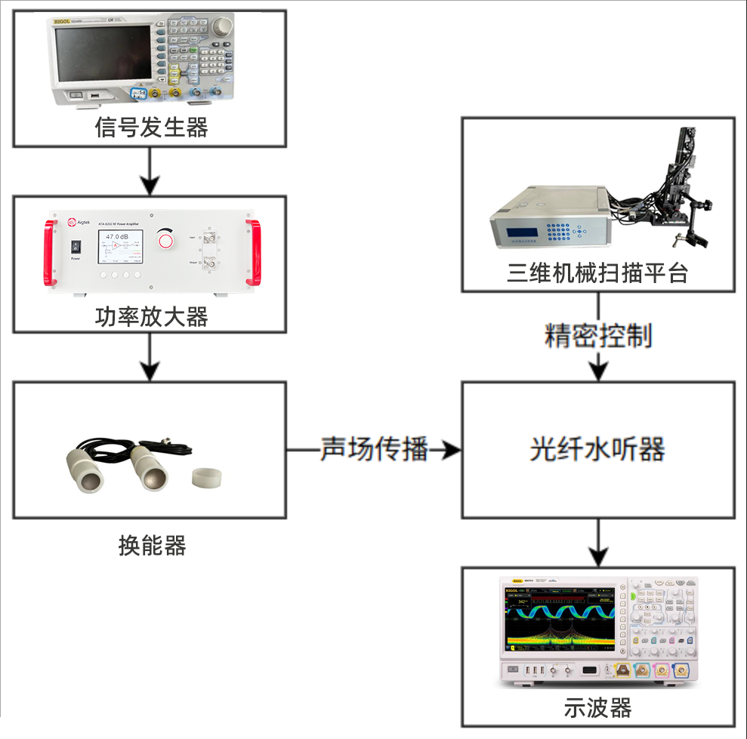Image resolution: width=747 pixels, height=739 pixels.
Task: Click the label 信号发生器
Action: coord(151,128)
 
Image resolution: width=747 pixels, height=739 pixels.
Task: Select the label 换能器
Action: coord(152,544)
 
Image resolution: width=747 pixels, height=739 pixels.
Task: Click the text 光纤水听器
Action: coord(597,450)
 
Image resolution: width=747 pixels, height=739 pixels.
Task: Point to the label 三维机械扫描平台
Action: coord(597,273)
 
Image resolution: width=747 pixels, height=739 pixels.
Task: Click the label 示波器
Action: coord(597,708)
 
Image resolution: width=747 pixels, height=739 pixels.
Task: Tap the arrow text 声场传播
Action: coord(375,449)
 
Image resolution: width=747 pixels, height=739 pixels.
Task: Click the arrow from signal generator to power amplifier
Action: coord(150,171)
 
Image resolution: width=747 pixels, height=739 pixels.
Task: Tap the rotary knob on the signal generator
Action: coord(221,29)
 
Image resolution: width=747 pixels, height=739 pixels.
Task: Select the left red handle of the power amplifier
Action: coord(51,253)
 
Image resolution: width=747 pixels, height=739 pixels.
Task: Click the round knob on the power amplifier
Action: coord(165,240)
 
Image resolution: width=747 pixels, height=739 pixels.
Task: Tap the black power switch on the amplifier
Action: coord(76,246)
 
